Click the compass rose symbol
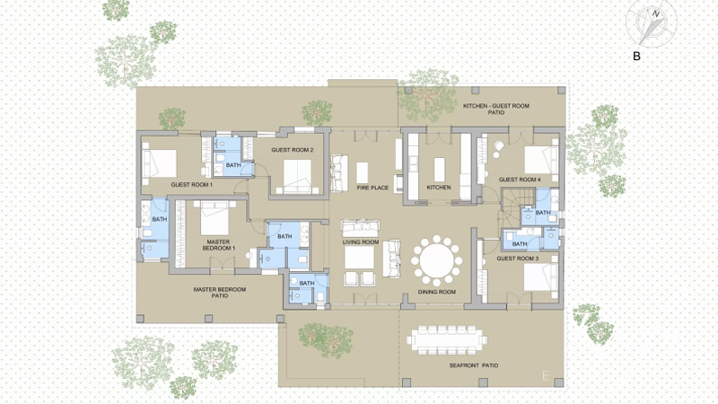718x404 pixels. (x=652, y=23)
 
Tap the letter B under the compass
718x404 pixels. (x=636, y=57)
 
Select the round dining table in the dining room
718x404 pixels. (x=436, y=259)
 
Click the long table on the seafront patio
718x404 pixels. (x=446, y=340)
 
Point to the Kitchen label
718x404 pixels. (x=439, y=188)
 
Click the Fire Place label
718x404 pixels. (x=372, y=188)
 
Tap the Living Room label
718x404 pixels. (x=361, y=242)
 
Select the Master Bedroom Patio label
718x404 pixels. (x=219, y=293)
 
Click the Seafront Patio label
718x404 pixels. (x=474, y=365)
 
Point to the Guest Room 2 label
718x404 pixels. (x=293, y=150)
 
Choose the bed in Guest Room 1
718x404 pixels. (x=159, y=163)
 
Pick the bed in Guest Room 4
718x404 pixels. (x=541, y=160)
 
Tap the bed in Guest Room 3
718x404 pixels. (x=540, y=277)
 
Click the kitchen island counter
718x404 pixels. (x=439, y=170)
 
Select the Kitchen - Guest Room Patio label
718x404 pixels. (x=496, y=109)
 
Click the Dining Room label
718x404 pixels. (x=436, y=292)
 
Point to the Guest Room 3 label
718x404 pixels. (x=518, y=259)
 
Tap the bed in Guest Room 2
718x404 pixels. (x=297, y=176)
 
